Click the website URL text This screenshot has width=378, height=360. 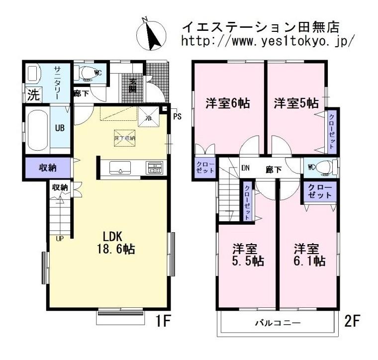pyautogui.click(x=268, y=41)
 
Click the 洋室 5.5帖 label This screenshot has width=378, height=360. pyautogui.click(x=248, y=254)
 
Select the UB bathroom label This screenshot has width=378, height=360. pyautogui.click(x=59, y=127)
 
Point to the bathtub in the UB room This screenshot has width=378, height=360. pyautogui.click(x=37, y=130)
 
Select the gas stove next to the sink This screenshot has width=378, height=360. pyautogui.click(x=154, y=168)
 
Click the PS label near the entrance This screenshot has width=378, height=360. pyautogui.click(x=178, y=117)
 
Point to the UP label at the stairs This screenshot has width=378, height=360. pyautogui.click(x=60, y=238)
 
